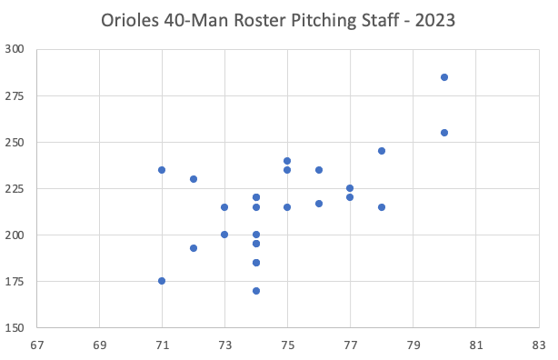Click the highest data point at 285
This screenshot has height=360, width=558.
444,77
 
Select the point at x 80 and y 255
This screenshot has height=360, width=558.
444,133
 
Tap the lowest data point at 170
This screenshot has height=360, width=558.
256,291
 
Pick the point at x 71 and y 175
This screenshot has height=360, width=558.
162,281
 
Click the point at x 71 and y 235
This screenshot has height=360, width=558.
162,170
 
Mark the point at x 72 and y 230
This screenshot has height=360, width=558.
194,179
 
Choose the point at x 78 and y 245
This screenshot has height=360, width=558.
382,151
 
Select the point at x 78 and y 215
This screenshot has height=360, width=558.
382,207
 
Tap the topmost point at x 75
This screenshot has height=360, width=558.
287,161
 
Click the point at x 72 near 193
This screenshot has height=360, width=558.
194,248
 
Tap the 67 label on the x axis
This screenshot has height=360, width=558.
36,345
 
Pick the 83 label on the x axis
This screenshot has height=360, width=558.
539,345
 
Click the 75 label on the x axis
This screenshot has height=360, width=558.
287,345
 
